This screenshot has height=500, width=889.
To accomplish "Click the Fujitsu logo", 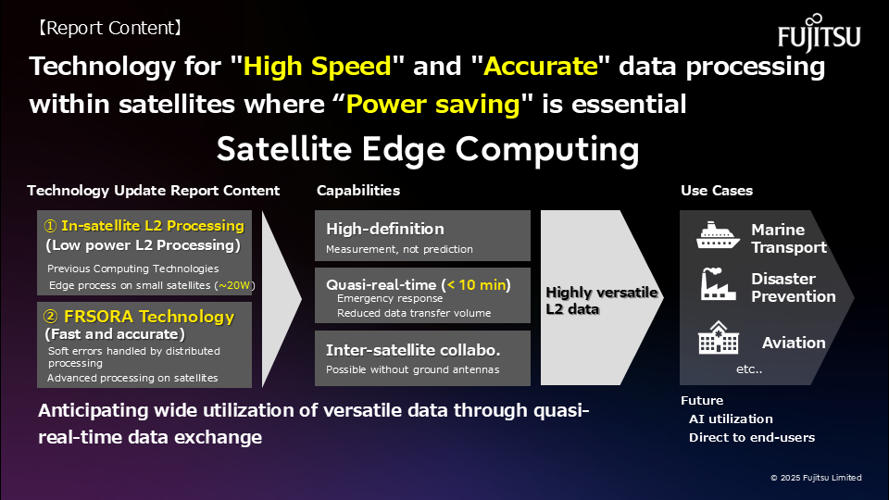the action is (x=820, y=33).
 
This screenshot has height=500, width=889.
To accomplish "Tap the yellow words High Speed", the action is (x=318, y=67).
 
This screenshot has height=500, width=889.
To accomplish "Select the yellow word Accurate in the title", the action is (x=541, y=67).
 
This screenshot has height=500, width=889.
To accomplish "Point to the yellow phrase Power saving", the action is (x=433, y=105).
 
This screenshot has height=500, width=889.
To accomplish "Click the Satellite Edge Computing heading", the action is (x=428, y=149).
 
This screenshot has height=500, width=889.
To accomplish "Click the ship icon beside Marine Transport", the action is (x=718, y=236).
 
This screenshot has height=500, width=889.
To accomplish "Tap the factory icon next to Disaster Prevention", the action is (x=718, y=284).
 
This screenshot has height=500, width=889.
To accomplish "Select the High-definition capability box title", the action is (x=385, y=229).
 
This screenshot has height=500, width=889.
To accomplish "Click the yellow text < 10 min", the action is (x=479, y=284).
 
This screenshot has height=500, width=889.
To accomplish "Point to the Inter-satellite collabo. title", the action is (x=413, y=350).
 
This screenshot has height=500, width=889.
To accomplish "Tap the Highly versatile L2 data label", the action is (x=602, y=300).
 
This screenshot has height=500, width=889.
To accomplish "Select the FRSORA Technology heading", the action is (x=149, y=317).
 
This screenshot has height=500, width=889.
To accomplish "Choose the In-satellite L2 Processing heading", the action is (x=153, y=226).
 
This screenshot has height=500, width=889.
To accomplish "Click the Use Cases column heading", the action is (x=717, y=191).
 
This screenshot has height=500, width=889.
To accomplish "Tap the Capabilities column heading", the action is (x=358, y=191).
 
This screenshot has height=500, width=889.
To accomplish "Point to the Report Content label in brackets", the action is (x=109, y=28).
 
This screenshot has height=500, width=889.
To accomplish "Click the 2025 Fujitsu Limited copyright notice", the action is (x=816, y=478).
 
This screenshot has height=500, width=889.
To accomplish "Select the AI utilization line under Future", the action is (x=731, y=419).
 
